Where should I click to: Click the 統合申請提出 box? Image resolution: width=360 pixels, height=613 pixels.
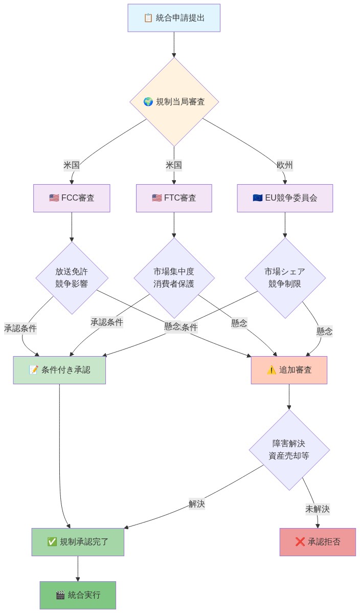click(x=174, y=18)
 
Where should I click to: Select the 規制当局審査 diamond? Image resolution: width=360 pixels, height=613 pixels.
click(x=174, y=102)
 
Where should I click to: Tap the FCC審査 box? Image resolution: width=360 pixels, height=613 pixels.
click(x=72, y=198)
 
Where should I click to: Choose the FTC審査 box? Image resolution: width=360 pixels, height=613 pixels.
click(x=174, y=198)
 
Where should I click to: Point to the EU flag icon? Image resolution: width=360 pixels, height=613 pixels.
click(x=258, y=198)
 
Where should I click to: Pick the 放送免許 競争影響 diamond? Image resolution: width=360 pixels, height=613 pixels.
click(x=72, y=278)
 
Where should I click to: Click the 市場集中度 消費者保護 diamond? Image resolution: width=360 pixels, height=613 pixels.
click(x=174, y=278)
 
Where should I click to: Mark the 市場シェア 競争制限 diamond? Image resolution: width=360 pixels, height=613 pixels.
click(x=285, y=278)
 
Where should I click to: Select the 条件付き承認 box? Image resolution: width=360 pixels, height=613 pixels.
click(x=59, y=370)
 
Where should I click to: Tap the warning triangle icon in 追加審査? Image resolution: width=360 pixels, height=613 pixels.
click(x=272, y=370)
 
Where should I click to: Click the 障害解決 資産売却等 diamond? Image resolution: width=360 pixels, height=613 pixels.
click(x=289, y=450)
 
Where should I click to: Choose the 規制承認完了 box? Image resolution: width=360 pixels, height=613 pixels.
click(x=78, y=542)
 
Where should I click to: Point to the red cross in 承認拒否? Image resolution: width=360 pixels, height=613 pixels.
click(x=300, y=542)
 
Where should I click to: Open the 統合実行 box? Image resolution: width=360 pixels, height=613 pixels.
click(x=78, y=595)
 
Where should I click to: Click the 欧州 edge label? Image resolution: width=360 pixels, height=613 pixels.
click(x=285, y=165)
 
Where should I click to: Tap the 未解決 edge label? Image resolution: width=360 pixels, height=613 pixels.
click(x=318, y=509)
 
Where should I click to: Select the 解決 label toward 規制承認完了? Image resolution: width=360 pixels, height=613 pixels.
click(x=197, y=503)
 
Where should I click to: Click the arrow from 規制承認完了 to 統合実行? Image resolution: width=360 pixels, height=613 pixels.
click(x=78, y=568)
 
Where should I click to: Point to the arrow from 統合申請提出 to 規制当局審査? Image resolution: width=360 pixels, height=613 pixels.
click(x=174, y=45)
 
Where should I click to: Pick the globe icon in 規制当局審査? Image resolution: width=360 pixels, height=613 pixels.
click(x=148, y=102)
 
